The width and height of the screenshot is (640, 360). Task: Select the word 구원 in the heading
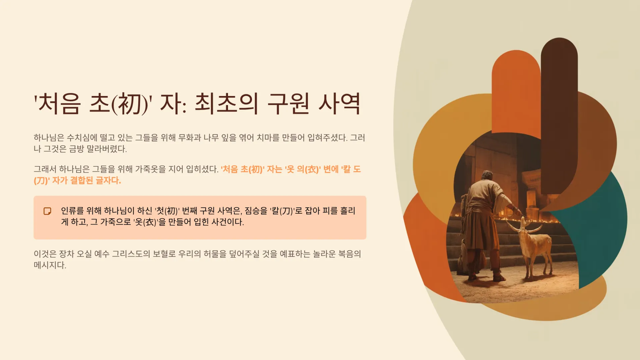(x=289, y=104)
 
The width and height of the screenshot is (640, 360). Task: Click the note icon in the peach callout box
(x=47, y=211)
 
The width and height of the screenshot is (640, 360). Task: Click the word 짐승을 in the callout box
(x=256, y=211)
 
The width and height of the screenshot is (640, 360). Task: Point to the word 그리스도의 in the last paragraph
(x=131, y=254)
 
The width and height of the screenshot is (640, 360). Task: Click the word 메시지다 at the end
(x=50, y=265)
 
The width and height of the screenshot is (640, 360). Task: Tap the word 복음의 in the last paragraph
(x=350, y=254)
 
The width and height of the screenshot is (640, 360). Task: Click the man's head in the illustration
(x=487, y=176)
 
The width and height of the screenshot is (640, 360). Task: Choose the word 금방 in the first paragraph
(x=76, y=149)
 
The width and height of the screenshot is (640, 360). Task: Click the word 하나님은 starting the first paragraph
(x=49, y=138)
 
